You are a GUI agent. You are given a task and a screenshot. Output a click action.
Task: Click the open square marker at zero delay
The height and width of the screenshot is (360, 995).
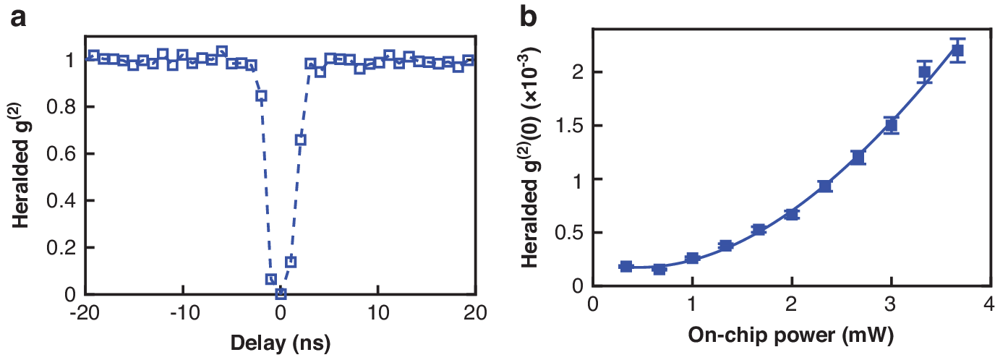click(x=281, y=293)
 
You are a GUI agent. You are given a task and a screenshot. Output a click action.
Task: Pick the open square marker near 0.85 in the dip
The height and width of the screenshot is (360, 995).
click(x=261, y=95)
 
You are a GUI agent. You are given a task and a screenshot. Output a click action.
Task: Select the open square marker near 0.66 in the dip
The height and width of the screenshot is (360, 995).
click(x=301, y=140)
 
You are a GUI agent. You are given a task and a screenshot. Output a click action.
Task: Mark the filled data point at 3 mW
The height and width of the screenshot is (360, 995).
click(x=891, y=125)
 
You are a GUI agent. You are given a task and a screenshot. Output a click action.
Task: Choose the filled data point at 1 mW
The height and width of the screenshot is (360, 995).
click(x=692, y=259)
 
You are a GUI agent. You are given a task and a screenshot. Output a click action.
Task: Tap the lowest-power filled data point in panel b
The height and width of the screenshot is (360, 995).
click(x=626, y=267)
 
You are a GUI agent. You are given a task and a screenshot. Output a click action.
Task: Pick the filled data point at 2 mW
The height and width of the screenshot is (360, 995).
click(x=791, y=214)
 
